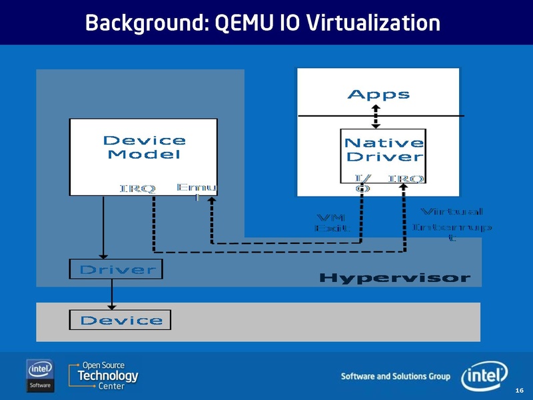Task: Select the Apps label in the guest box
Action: [378, 95]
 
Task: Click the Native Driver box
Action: [383, 150]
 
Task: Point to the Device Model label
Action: [144, 147]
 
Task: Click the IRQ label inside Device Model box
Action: [138, 189]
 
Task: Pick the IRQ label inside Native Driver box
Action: [406, 179]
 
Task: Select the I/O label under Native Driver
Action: [363, 183]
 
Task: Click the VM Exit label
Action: [331, 223]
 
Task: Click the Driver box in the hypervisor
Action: [117, 269]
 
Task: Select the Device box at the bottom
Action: [121, 320]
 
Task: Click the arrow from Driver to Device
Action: [112, 294]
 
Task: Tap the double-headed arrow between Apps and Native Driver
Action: [376, 116]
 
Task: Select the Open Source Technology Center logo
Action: [103, 375]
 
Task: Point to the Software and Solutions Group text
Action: [395, 377]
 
